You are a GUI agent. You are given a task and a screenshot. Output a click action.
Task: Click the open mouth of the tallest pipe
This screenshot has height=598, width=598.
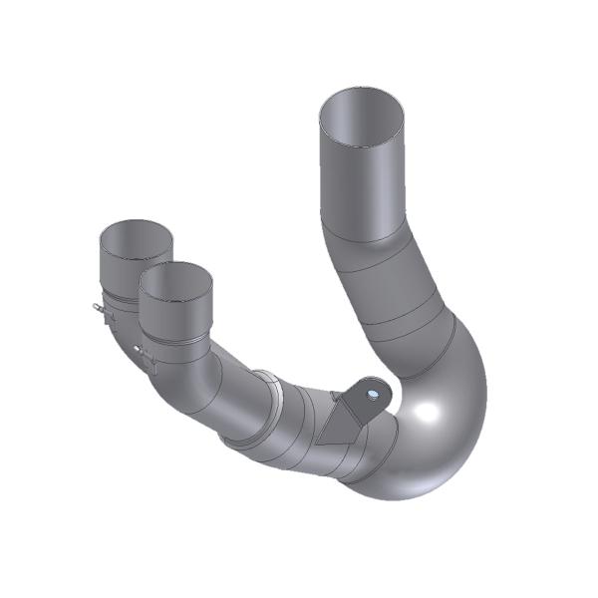(x=363, y=112)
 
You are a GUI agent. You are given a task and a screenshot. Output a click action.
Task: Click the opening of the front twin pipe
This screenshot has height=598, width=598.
(x=175, y=282)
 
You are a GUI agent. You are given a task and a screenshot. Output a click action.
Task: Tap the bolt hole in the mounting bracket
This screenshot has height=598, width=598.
(x=372, y=394)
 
